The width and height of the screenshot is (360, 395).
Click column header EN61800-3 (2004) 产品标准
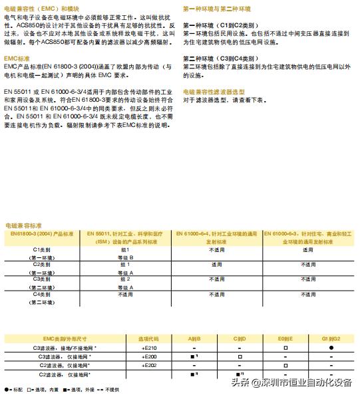(41, 235)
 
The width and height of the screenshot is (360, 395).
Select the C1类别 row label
(42, 250)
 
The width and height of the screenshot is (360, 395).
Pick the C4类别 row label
(42, 294)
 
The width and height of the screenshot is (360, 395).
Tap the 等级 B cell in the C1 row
(126, 257)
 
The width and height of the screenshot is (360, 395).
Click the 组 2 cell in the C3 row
(126, 279)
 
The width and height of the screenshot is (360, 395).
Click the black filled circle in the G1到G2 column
(330, 348)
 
